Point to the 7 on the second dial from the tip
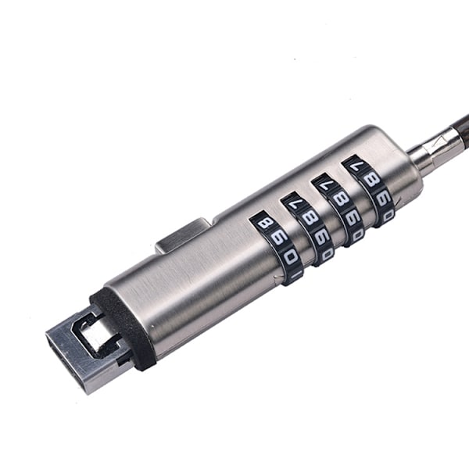point(292,204)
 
